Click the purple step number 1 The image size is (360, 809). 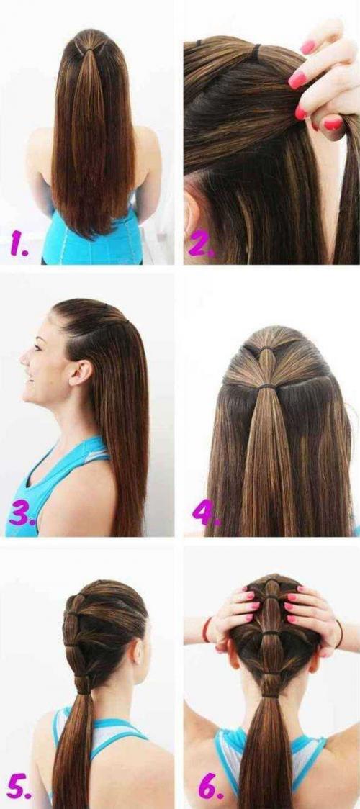point(19,245)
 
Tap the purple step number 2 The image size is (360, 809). point(202,245)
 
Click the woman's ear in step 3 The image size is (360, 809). point(81,373)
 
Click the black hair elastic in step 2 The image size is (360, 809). point(256,51)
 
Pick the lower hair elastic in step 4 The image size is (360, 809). point(266,386)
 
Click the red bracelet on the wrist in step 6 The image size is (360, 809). point(207,630)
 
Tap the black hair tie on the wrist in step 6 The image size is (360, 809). point(339,634)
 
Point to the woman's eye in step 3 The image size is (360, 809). point(37,346)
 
